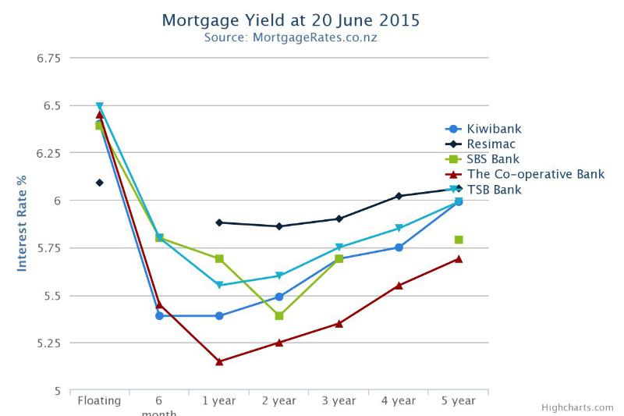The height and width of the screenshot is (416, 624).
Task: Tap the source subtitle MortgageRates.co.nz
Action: click(x=290, y=37)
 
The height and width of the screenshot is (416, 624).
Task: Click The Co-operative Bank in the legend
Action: click(x=535, y=175)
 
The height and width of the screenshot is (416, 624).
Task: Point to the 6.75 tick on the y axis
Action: click(x=49, y=58)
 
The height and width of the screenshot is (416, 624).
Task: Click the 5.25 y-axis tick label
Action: click(x=49, y=343)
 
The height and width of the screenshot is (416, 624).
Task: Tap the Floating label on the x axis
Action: click(x=99, y=401)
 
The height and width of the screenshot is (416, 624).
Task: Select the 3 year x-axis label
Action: click(x=339, y=401)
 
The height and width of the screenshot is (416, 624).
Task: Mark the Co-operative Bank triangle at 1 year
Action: click(x=219, y=361)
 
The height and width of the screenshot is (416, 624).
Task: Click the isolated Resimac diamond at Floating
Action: click(x=100, y=183)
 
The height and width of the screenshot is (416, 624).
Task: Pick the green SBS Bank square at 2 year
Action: click(x=279, y=315)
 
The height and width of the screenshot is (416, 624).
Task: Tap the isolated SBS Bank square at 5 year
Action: click(x=459, y=240)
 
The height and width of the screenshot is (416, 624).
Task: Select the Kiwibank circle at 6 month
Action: click(x=159, y=316)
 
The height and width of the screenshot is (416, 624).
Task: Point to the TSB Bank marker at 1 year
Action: click(x=219, y=286)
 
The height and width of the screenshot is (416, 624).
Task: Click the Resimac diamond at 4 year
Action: click(x=399, y=196)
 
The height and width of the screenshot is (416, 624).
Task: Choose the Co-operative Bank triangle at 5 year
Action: click(x=459, y=258)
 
